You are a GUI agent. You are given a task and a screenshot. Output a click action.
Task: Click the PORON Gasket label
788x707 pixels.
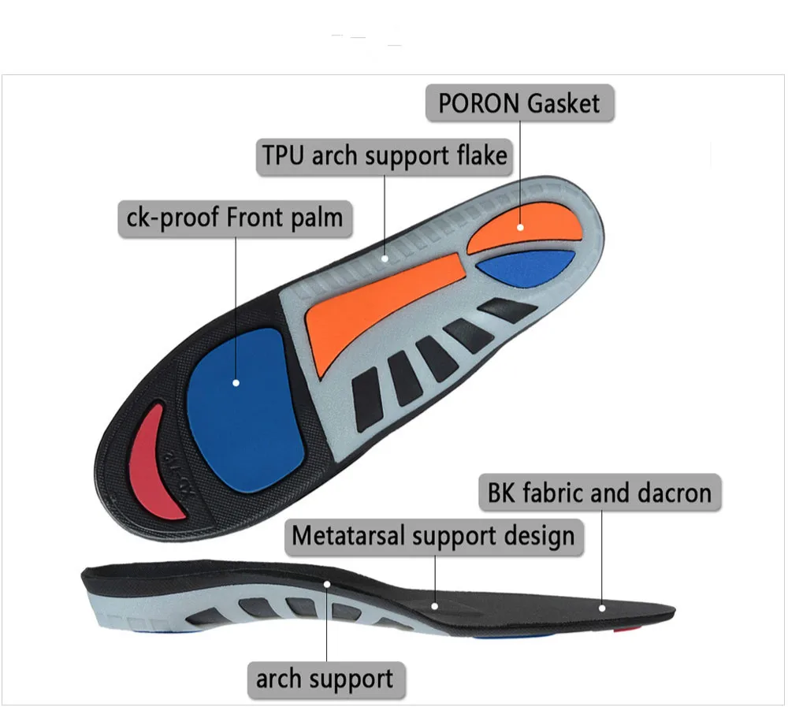520,103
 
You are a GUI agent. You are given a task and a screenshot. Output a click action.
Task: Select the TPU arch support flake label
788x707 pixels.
385,155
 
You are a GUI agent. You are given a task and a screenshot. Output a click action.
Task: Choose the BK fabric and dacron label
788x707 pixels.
600,493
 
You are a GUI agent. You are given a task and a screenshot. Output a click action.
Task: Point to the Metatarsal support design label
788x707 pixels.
433,537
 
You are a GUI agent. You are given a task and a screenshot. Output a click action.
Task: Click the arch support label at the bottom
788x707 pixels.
325,678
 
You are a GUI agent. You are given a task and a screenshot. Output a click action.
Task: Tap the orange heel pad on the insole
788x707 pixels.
526,229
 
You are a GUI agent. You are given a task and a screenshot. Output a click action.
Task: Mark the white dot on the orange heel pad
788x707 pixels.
521,227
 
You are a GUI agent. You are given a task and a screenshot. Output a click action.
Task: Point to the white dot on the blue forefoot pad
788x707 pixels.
236,383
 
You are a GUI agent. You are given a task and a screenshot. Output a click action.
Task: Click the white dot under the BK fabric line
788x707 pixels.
602,607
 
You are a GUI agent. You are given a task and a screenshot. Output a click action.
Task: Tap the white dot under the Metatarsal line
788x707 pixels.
435,606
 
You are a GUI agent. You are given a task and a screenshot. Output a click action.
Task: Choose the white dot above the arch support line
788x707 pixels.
327,584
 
